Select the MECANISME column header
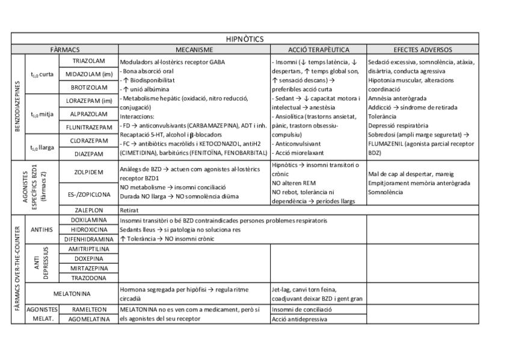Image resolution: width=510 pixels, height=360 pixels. tap(194, 50)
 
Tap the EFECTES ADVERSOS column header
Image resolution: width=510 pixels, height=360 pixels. tap(423, 50)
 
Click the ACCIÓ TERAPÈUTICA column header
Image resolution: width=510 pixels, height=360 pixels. tap(318, 50)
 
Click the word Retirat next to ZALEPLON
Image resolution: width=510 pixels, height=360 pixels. tap(129, 211)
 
